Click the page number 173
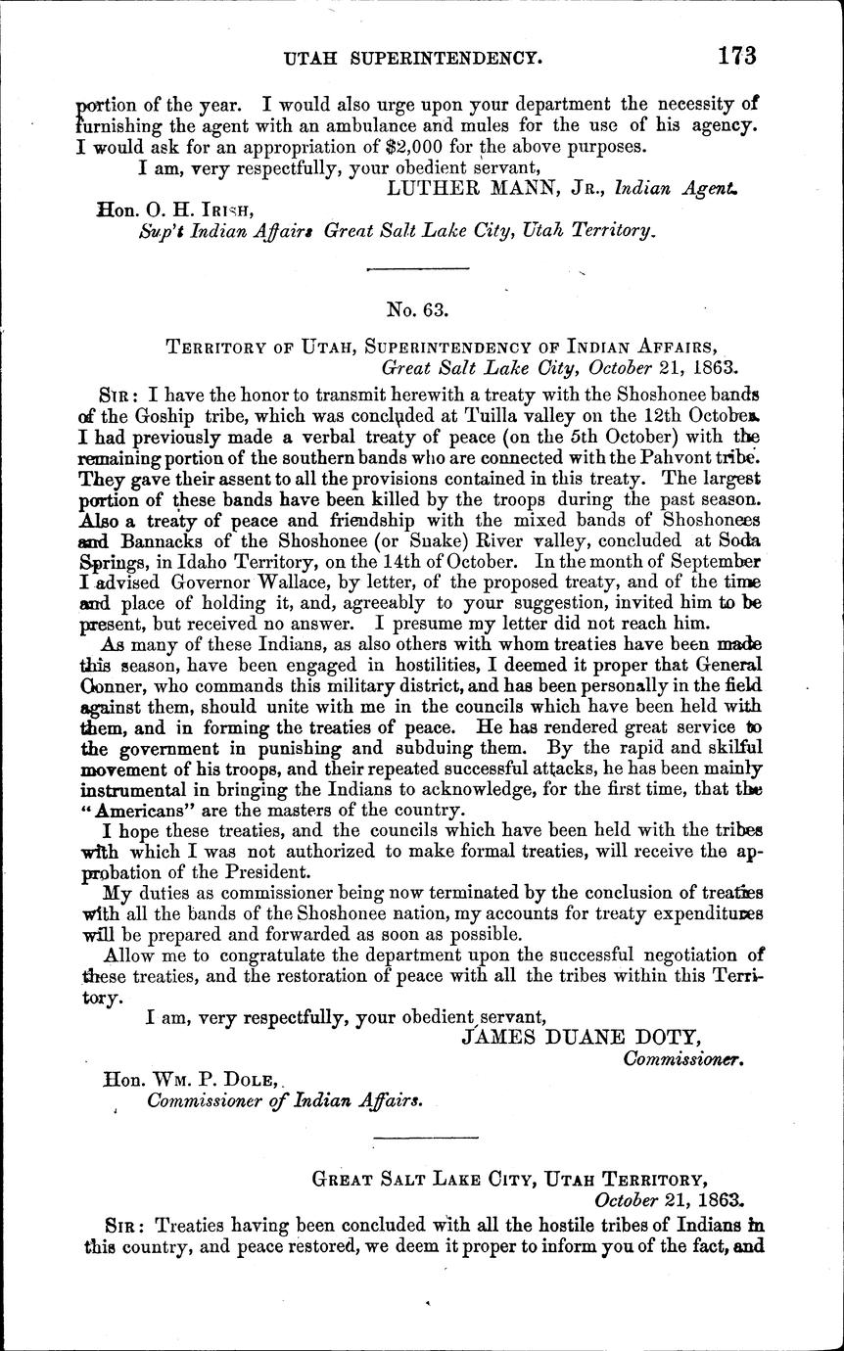point(735,56)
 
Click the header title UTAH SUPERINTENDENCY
point(411,59)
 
